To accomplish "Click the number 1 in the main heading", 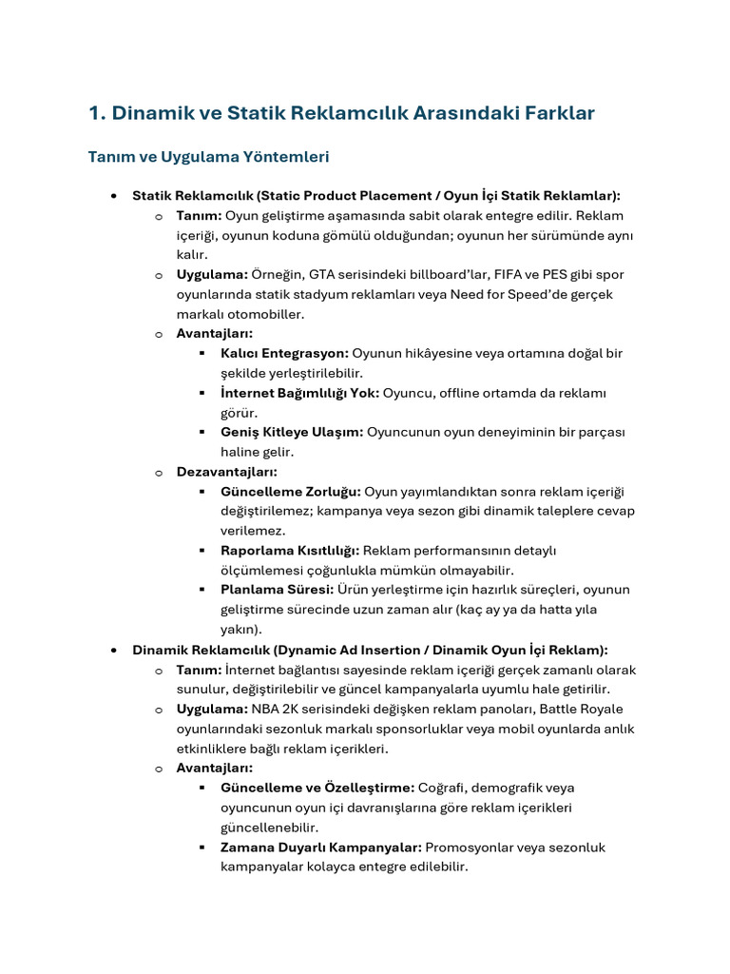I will pyautogui.click(x=94, y=113).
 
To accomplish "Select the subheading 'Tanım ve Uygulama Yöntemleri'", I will pyautogui.click(x=208, y=156).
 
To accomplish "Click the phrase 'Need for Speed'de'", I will pyautogui.click(x=521, y=294).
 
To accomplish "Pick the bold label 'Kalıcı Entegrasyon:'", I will pyautogui.click(x=284, y=353).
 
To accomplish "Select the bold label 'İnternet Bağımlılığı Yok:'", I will pyautogui.click(x=299, y=393).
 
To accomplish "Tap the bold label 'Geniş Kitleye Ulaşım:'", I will pyautogui.click(x=292, y=432).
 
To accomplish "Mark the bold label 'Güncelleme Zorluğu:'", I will pyautogui.click(x=290, y=492).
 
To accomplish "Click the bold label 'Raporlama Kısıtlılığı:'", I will pyautogui.click(x=289, y=551).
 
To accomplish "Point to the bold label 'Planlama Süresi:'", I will pyautogui.click(x=277, y=590).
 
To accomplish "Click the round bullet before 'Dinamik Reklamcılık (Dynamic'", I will pyautogui.click(x=113, y=650).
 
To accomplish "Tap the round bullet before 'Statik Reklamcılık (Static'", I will pyautogui.click(x=113, y=195).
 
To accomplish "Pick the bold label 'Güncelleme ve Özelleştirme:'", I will pyautogui.click(x=317, y=788).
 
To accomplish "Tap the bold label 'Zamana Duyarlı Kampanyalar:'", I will pyautogui.click(x=320, y=847).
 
